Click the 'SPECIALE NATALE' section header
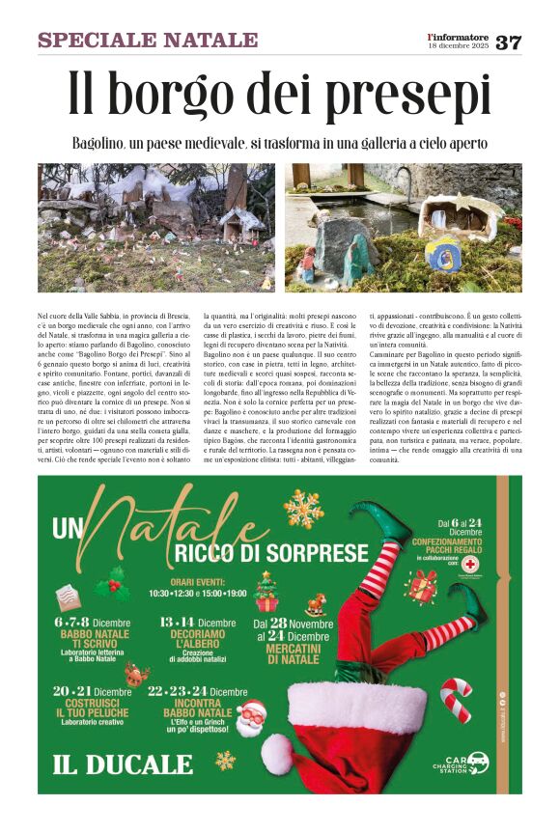coord(148,40)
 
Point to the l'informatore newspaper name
coord(459,36)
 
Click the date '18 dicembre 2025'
coord(459,46)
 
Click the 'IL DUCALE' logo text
coord(110,765)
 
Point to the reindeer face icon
coord(136,675)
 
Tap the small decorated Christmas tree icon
coord(266,591)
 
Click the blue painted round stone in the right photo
coord(442,255)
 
